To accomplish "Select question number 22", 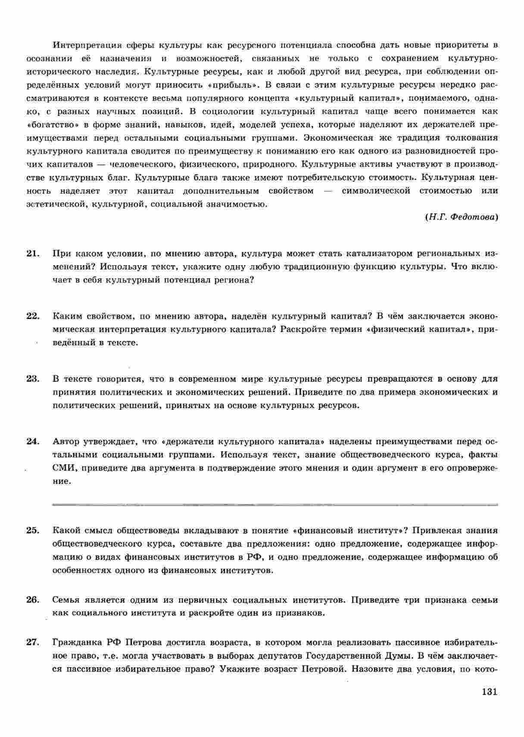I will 33,316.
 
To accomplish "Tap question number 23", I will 33,379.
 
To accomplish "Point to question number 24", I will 33,441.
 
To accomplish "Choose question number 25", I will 33,530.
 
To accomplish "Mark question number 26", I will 33,600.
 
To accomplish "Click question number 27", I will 33,642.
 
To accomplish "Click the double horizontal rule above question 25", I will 275,504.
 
